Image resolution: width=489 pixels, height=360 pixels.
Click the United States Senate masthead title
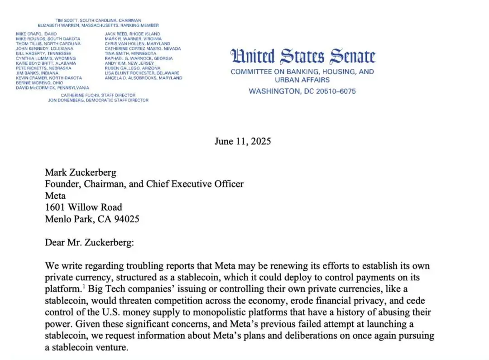point(303,57)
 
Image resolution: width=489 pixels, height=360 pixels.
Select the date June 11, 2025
point(243,141)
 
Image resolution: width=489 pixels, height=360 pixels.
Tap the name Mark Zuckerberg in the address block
point(80,173)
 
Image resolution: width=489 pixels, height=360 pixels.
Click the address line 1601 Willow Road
point(83,207)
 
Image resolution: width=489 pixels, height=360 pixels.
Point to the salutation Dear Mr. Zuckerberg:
point(89,242)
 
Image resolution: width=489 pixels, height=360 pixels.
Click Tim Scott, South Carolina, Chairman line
point(98,20)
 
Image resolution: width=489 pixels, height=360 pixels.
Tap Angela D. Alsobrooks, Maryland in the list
point(144,78)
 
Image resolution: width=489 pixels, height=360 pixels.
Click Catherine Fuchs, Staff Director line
point(98,95)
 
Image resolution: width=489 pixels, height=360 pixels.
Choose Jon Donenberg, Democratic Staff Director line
point(98,100)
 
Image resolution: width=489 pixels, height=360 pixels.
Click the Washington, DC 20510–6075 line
point(302,91)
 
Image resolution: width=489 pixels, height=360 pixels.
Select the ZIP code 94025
point(126,219)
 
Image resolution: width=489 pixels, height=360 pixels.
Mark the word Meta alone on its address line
point(55,196)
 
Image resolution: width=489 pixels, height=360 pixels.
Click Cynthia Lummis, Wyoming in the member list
point(46,58)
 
